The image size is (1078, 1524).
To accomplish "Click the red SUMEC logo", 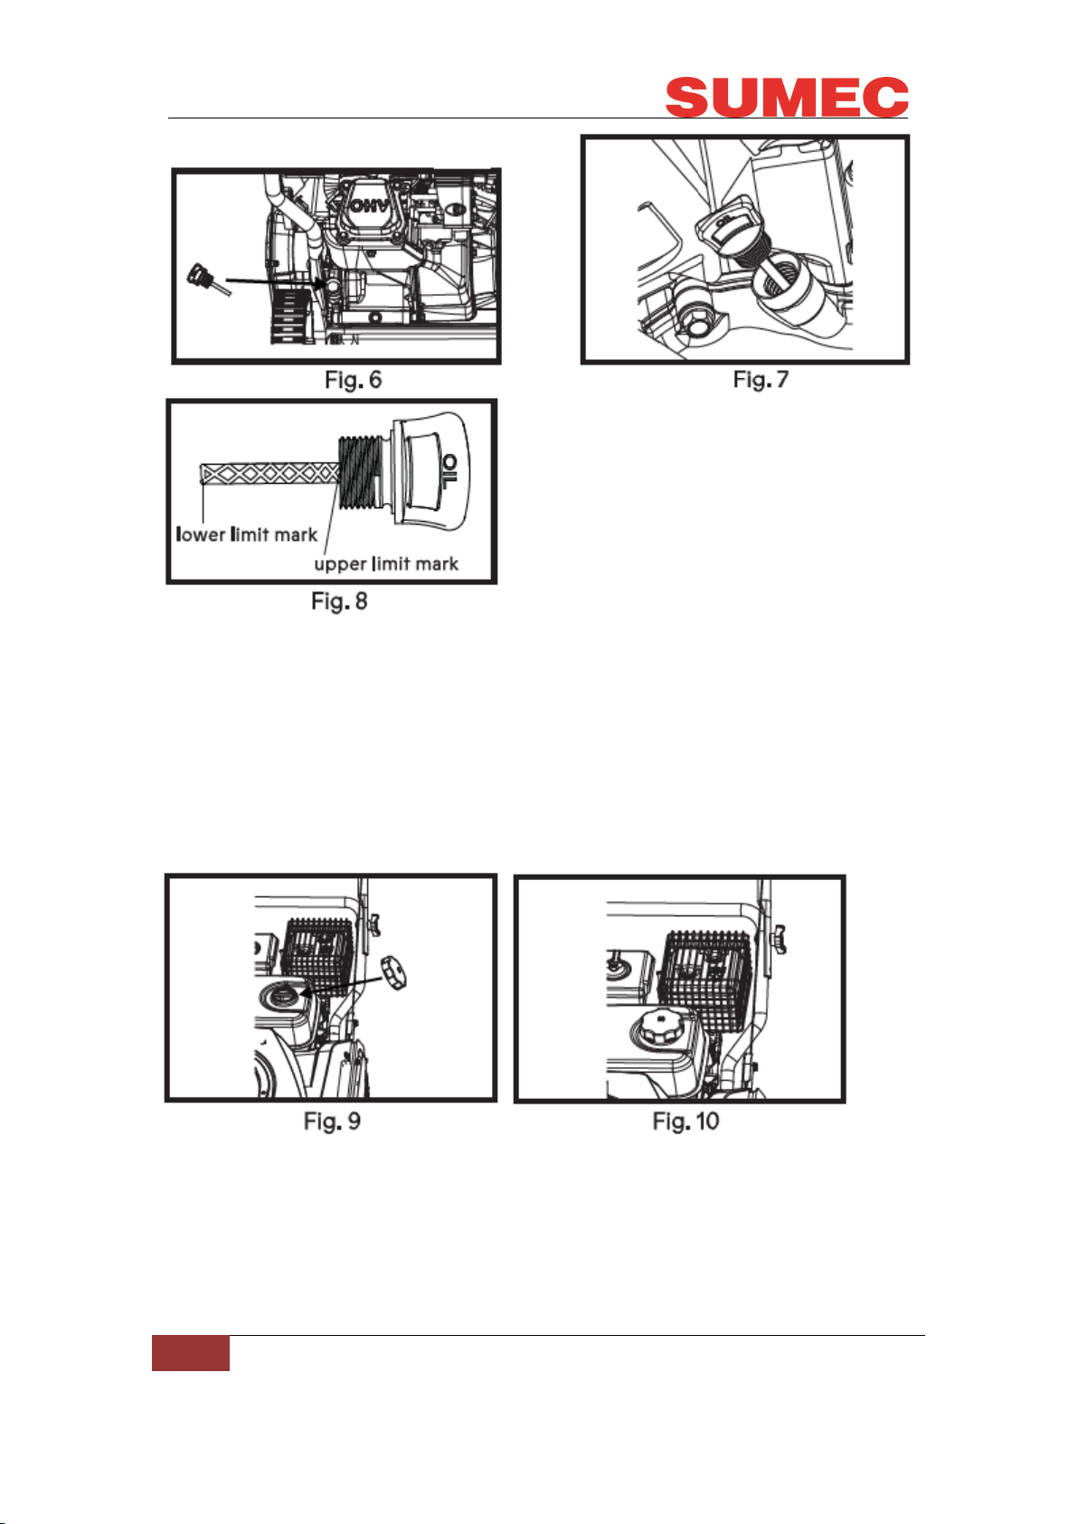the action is [x=786, y=98].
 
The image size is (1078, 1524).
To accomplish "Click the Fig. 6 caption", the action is [x=353, y=380].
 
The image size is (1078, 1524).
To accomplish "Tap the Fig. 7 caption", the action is [x=761, y=380].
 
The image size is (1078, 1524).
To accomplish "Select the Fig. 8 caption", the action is [x=339, y=601].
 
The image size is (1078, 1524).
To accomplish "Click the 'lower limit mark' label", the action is [x=246, y=535].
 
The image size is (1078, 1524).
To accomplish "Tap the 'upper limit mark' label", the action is [x=385, y=564].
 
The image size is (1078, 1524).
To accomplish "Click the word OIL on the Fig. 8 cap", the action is [x=449, y=471].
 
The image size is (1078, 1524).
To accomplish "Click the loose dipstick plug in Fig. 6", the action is [x=207, y=279].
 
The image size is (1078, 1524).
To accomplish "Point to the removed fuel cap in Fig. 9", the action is [x=393, y=972].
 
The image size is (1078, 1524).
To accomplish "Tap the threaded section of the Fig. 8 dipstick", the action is [x=361, y=473].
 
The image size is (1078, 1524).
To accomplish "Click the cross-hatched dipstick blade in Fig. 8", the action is [x=269, y=474].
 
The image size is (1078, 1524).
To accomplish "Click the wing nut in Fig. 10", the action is [x=778, y=940].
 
